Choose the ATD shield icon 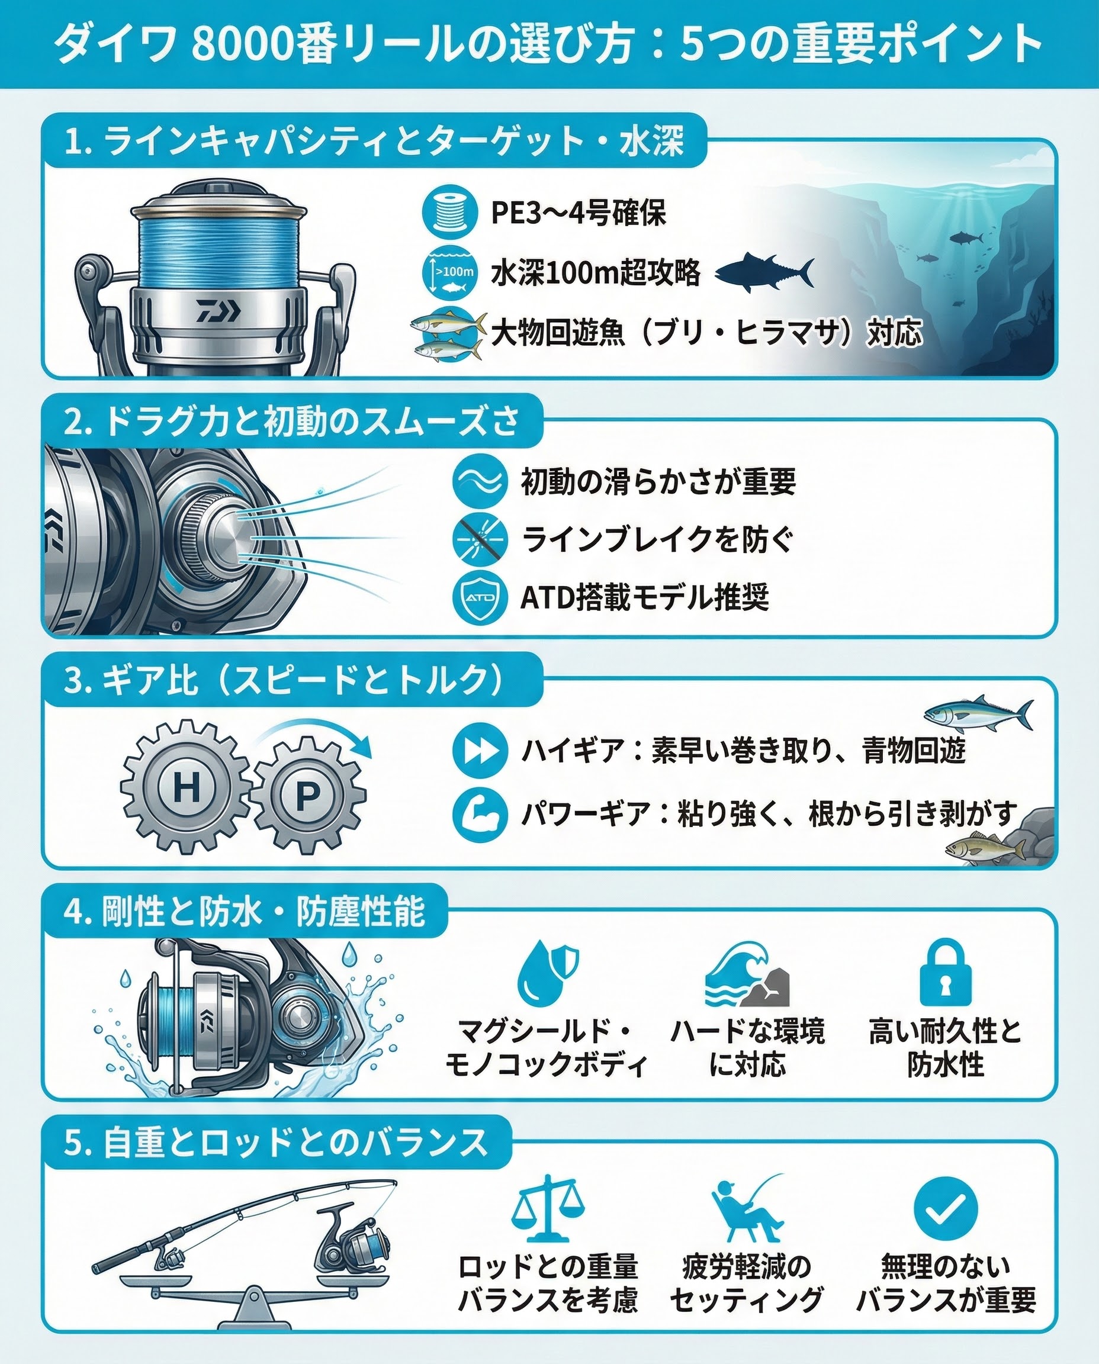point(480,597)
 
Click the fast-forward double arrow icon point(480,751)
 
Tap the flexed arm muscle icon point(480,815)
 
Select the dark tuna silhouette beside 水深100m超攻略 point(764,272)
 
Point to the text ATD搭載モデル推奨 point(644,597)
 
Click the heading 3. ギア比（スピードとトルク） point(284,680)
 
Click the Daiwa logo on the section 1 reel point(218,311)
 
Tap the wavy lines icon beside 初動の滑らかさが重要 point(480,481)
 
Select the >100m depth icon point(449,272)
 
